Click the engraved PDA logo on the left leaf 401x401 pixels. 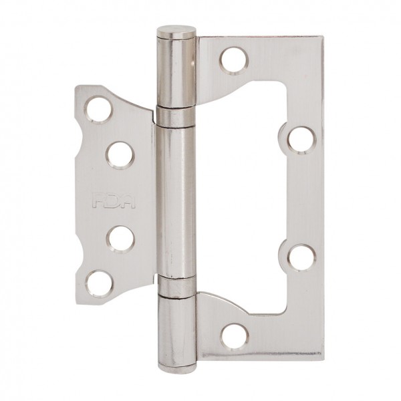pyautogui.click(x=114, y=201)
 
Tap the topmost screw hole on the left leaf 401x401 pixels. pyautogui.click(x=99, y=110)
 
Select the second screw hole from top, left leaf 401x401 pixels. pyautogui.click(x=120, y=156)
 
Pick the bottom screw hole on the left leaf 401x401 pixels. pyautogui.click(x=99, y=285)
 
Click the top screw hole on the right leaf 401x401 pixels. pyautogui.click(x=234, y=61)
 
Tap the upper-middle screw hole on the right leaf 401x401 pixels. pyautogui.click(x=302, y=140)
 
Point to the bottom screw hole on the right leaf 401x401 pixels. pyautogui.click(x=235, y=337)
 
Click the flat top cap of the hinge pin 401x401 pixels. pyautogui.click(x=176, y=32)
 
